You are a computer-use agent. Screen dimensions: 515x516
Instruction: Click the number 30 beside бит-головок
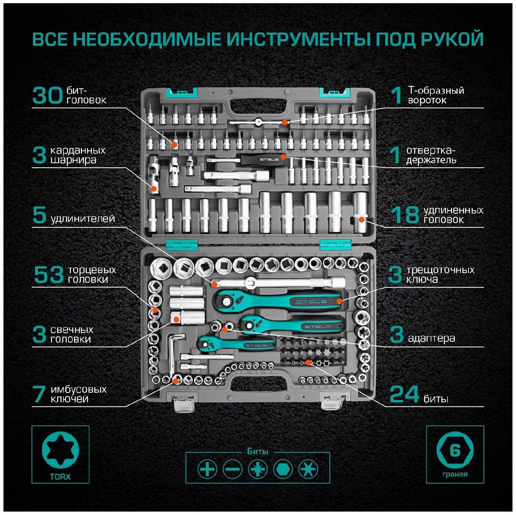point(47,96)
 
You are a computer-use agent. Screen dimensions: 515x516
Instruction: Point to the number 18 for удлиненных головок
point(405,215)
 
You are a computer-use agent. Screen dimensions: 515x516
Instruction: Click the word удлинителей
point(83,219)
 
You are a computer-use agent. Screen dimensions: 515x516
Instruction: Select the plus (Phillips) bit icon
point(207,469)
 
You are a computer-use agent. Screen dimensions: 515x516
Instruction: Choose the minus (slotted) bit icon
point(232,469)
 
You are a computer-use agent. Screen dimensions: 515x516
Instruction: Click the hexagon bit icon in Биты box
point(283,469)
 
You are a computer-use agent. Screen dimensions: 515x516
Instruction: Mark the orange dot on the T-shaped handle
point(284,122)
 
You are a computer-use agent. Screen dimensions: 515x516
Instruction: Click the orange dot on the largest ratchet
point(339,301)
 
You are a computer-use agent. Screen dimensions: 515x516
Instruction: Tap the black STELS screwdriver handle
point(263,159)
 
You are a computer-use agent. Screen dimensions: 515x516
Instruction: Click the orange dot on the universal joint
point(154,189)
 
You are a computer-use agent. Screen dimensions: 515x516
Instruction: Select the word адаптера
point(431,338)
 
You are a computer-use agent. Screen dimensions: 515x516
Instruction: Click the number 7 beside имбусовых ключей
point(39,394)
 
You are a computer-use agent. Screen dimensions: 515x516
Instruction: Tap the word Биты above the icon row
point(258,451)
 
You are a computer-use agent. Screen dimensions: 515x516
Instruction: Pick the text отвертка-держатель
point(431,155)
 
